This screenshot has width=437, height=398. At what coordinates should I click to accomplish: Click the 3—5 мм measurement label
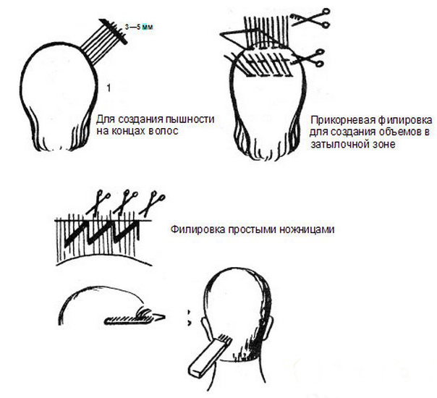139,27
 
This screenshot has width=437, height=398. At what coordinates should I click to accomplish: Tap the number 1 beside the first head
109,88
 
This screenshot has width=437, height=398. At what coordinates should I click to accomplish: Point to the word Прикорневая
342,120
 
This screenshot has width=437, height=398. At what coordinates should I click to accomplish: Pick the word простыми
252,229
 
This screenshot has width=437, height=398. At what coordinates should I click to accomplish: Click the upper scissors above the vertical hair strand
310,18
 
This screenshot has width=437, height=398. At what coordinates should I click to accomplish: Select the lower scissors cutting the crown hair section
308,58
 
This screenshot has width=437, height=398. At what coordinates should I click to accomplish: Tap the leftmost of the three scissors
98,203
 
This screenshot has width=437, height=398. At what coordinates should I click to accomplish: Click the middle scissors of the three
126,202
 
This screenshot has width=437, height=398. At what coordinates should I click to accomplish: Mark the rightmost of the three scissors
152,203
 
